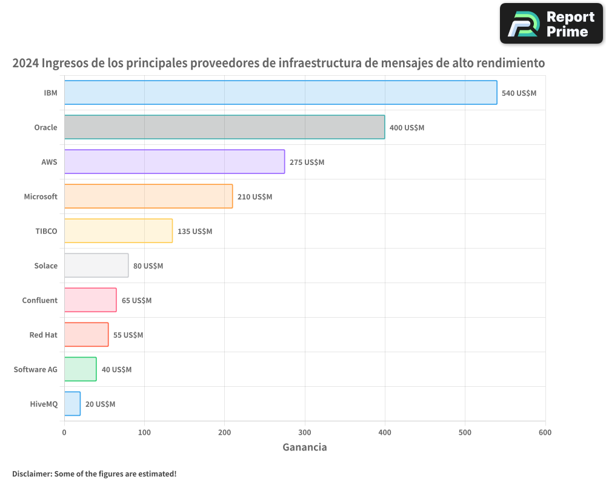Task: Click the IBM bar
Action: pos(281,93)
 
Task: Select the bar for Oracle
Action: pos(224,127)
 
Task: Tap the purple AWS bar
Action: pos(175,162)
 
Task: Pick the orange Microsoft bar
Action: pos(148,196)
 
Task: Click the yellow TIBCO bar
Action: pos(118,231)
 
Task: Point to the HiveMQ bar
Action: pos(72,404)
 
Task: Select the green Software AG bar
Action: pos(80,369)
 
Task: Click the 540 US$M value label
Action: pos(519,93)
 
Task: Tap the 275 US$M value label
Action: pos(307,162)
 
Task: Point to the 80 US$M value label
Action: pos(148,266)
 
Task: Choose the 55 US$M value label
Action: pos(128,335)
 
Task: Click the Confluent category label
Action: pos(39,300)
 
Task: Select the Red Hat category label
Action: pos(43,335)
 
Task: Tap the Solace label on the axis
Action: pos(46,266)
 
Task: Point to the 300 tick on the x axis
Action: pos(305,432)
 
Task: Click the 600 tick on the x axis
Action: pos(545,432)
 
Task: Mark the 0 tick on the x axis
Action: pos(64,432)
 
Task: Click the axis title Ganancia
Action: pos(305,447)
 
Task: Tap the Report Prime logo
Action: pos(551,24)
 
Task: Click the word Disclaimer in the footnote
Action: pos(31,473)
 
